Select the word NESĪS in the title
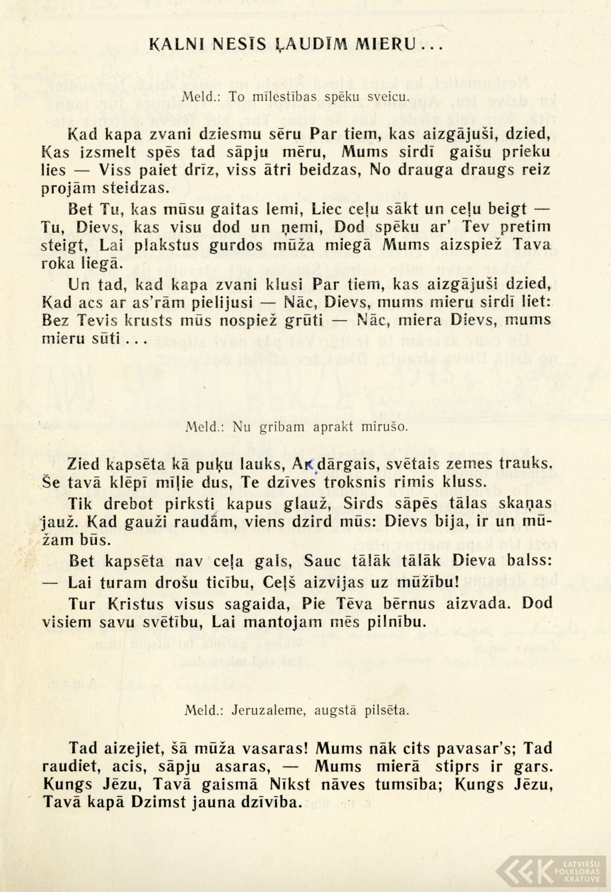[x=236, y=45]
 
